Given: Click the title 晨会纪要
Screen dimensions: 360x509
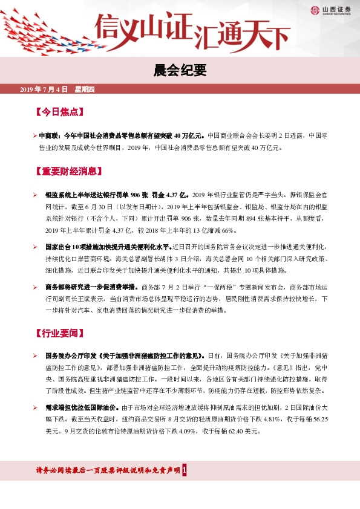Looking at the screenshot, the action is click(x=180, y=71).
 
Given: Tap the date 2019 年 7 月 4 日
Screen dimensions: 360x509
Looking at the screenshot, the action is click(x=44, y=89).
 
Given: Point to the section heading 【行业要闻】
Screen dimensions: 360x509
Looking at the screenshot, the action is click(x=57, y=333).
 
